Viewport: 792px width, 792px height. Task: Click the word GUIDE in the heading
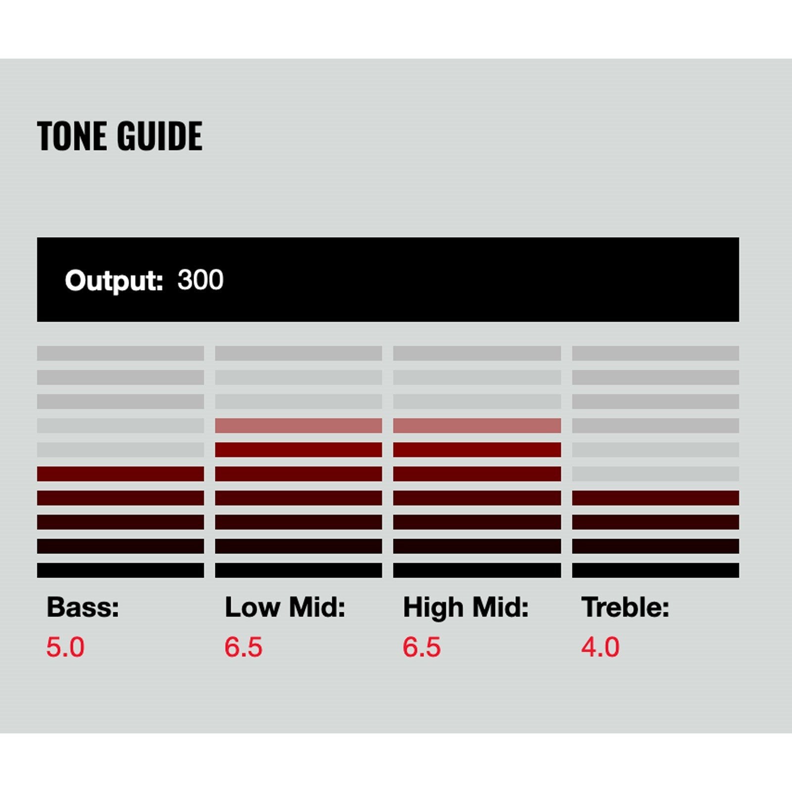click(159, 136)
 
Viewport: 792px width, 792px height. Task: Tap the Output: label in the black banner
click(114, 281)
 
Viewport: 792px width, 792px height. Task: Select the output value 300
click(200, 280)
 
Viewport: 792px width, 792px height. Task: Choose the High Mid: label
click(466, 608)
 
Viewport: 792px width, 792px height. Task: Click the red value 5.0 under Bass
click(65, 647)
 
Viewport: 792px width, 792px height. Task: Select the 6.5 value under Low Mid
click(244, 647)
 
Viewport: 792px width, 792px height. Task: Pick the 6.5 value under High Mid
click(422, 647)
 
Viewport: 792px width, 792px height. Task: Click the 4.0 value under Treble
click(600, 647)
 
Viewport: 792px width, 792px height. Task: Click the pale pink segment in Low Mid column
click(298, 426)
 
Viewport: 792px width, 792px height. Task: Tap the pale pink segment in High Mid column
click(477, 426)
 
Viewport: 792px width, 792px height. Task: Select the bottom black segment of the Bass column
click(120, 570)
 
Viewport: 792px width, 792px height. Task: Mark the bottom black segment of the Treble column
click(655, 570)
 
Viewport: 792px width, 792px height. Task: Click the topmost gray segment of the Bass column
click(120, 353)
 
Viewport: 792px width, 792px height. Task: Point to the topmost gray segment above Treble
click(655, 353)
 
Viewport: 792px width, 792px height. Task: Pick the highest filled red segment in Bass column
click(120, 474)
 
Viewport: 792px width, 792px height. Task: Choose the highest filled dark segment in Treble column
click(655, 498)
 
